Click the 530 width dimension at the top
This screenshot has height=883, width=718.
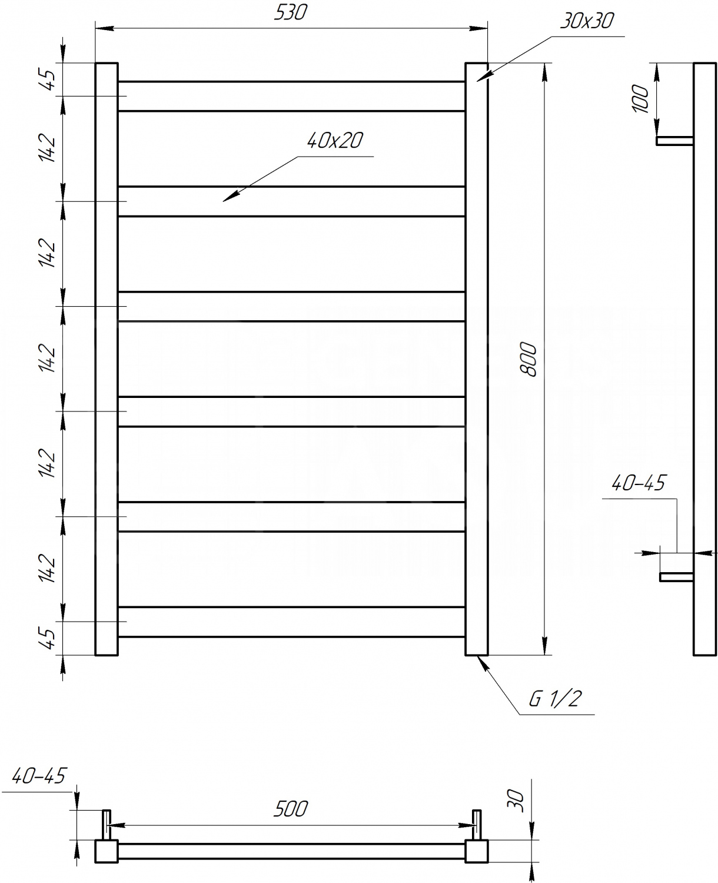[290, 12]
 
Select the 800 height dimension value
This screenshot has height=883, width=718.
[528, 360]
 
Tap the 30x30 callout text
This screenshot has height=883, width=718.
[587, 21]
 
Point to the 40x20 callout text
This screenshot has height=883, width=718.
[335, 141]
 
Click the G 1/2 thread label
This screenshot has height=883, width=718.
[556, 699]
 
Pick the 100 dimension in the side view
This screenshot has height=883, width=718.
[640, 99]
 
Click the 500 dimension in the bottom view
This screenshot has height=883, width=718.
[291, 809]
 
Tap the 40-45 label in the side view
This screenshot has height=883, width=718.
[639, 483]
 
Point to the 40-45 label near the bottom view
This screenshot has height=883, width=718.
[39, 776]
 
